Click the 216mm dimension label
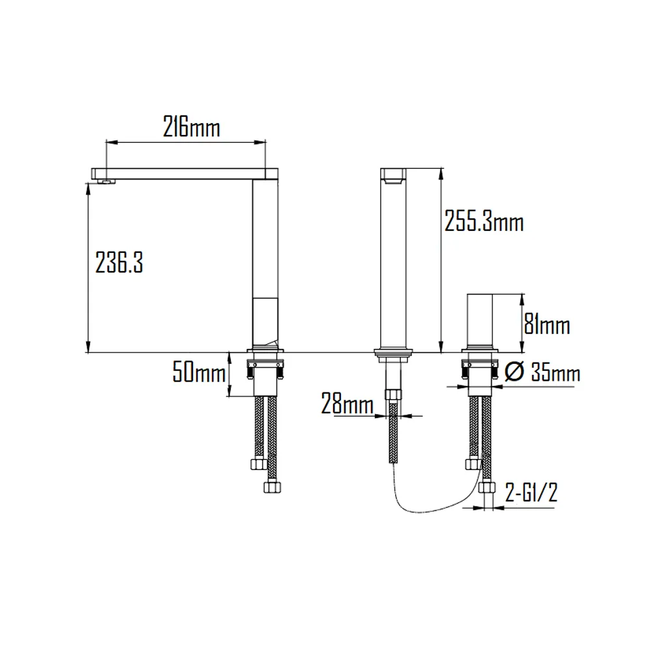click(x=191, y=127)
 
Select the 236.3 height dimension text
click(x=119, y=263)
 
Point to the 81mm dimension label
click(x=548, y=324)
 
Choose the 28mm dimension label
click(x=347, y=405)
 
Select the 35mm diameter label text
click(x=556, y=373)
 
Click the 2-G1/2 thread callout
click(x=531, y=492)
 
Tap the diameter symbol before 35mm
click(x=514, y=372)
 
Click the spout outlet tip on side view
click(x=103, y=180)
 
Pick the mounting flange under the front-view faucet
click(x=393, y=356)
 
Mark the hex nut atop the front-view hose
click(x=393, y=394)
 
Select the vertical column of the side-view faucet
click(x=265, y=261)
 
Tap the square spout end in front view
click(x=393, y=175)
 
